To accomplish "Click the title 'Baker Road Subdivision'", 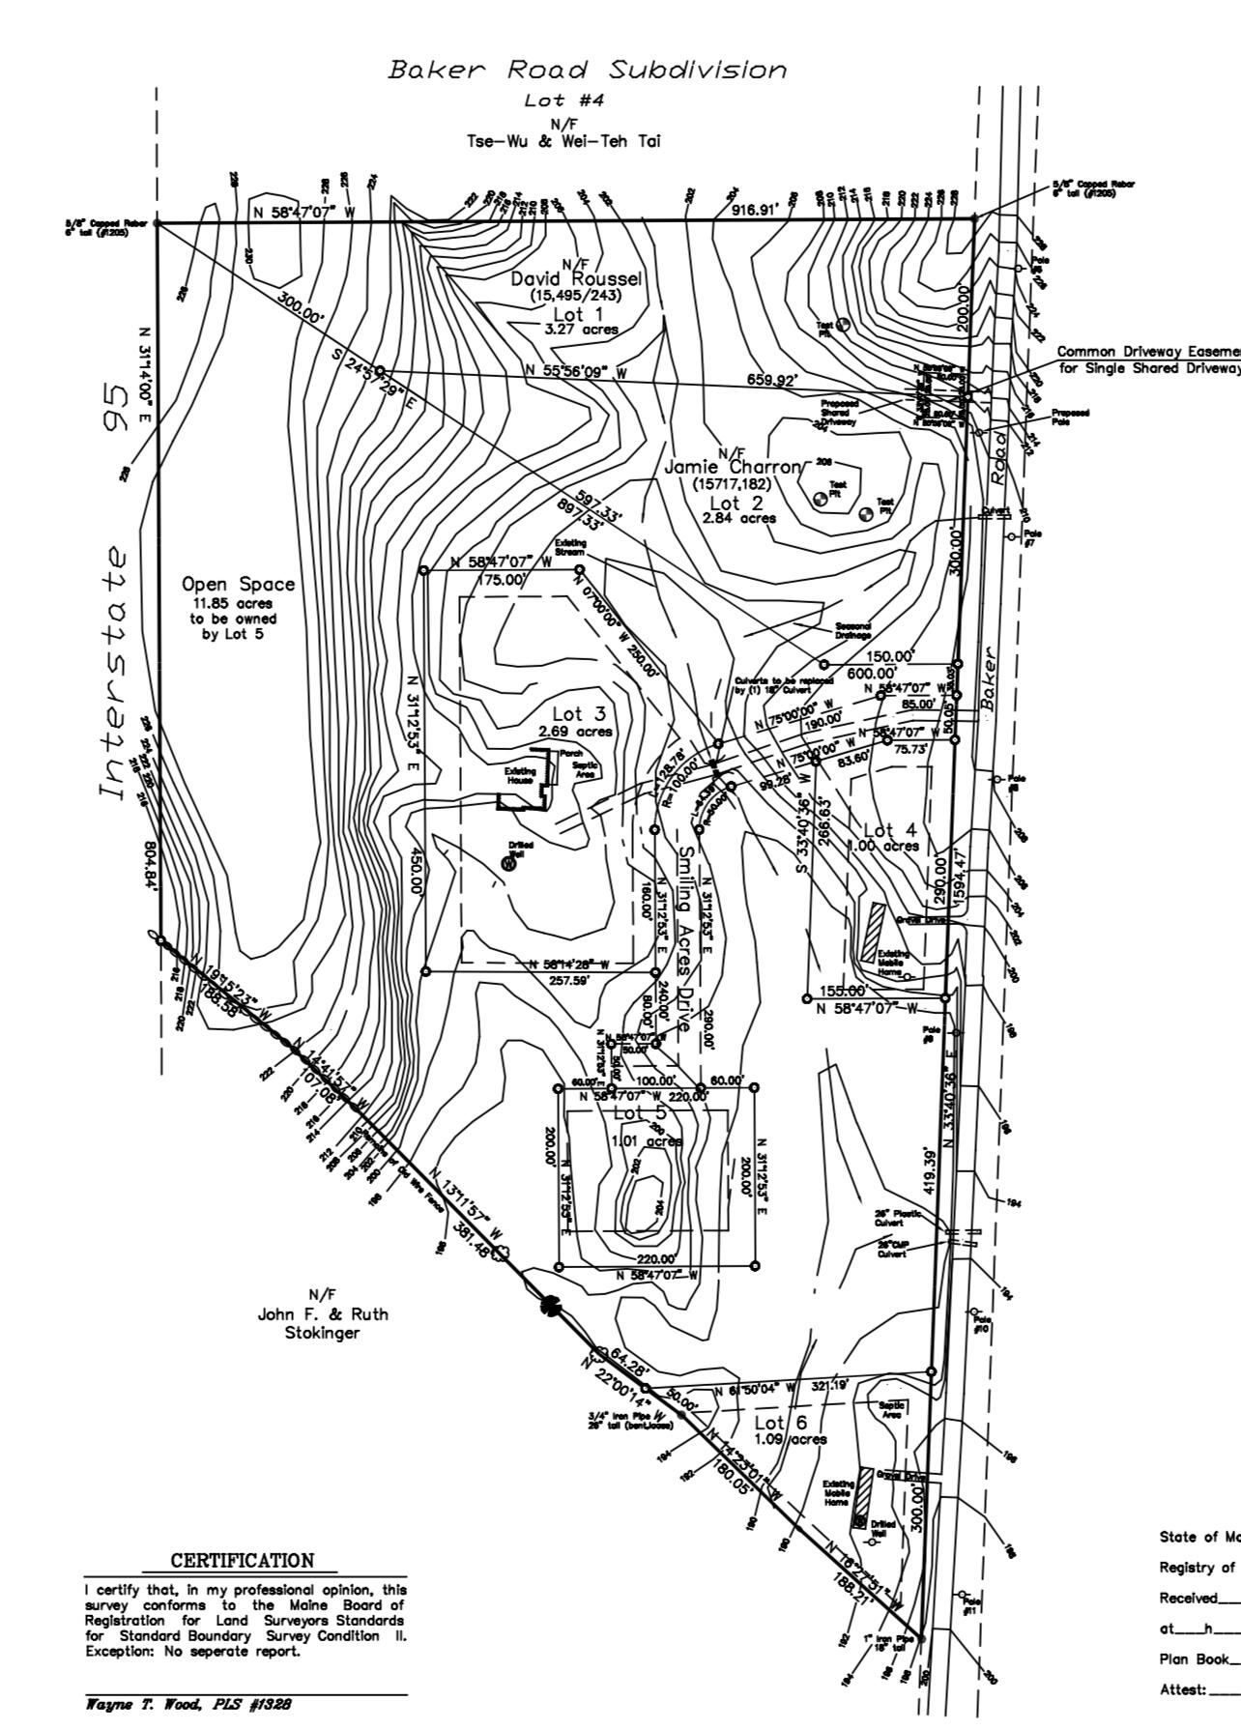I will tap(587, 71).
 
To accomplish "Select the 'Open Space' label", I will tap(238, 585).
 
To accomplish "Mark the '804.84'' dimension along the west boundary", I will tap(151, 866).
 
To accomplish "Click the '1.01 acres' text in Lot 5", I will tap(647, 1140).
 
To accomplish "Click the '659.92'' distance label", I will tap(771, 380).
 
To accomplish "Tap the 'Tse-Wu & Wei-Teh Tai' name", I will tap(563, 141).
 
